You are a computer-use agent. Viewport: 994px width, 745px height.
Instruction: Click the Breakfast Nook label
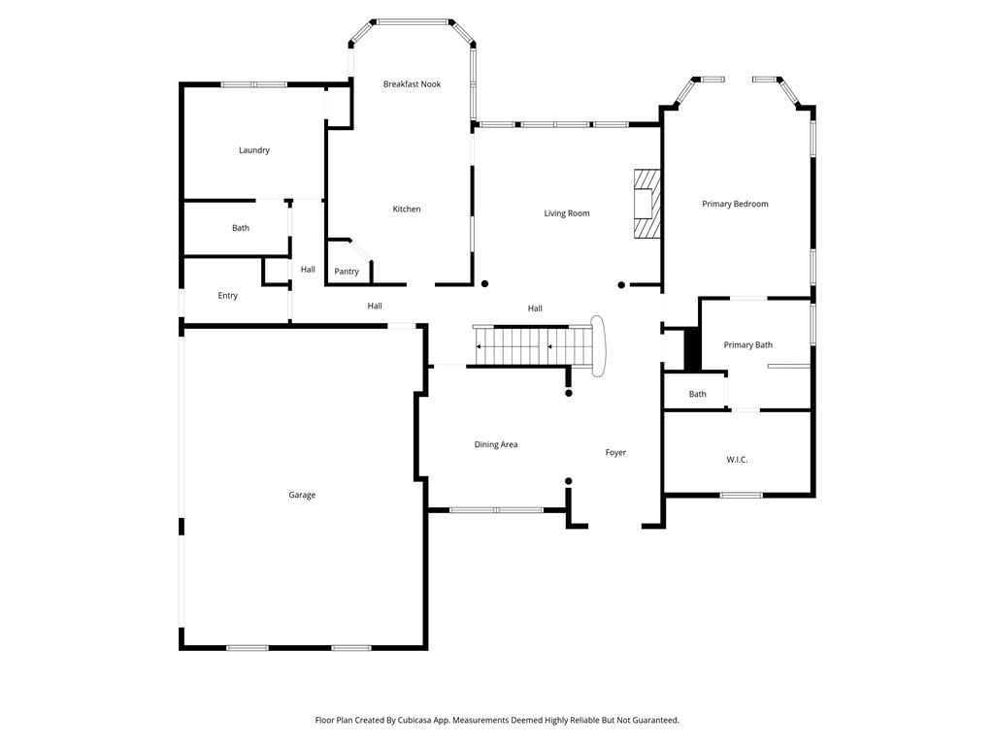coord(412,84)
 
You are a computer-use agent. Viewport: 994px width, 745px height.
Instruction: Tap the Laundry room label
coord(254,150)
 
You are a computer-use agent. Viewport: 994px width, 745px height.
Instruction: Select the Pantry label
coord(347,272)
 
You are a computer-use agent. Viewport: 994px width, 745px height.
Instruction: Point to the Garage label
coord(302,495)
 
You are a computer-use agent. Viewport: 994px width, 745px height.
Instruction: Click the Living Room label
coord(566,213)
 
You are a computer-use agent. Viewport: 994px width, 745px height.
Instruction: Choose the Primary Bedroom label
coord(735,204)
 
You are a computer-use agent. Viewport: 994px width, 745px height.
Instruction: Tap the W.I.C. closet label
coord(737,460)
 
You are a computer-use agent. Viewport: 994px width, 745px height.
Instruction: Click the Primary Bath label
coord(747,345)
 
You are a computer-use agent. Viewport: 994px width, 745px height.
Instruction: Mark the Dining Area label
coord(495,444)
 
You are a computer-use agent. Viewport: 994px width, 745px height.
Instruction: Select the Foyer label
coord(615,452)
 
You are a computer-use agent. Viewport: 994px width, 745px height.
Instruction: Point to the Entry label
coord(227,296)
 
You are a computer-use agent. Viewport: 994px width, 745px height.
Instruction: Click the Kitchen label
coord(407,210)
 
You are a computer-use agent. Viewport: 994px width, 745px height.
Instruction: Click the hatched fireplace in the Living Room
coord(646,204)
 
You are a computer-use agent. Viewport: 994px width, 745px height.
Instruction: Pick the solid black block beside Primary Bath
coord(692,349)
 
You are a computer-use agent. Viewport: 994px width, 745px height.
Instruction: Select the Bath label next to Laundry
coord(241,228)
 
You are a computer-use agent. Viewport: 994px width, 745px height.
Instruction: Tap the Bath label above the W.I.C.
coord(697,394)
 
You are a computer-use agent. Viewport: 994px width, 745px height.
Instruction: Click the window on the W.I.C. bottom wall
coord(741,496)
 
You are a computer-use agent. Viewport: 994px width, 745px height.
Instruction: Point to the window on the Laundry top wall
coord(253,84)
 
